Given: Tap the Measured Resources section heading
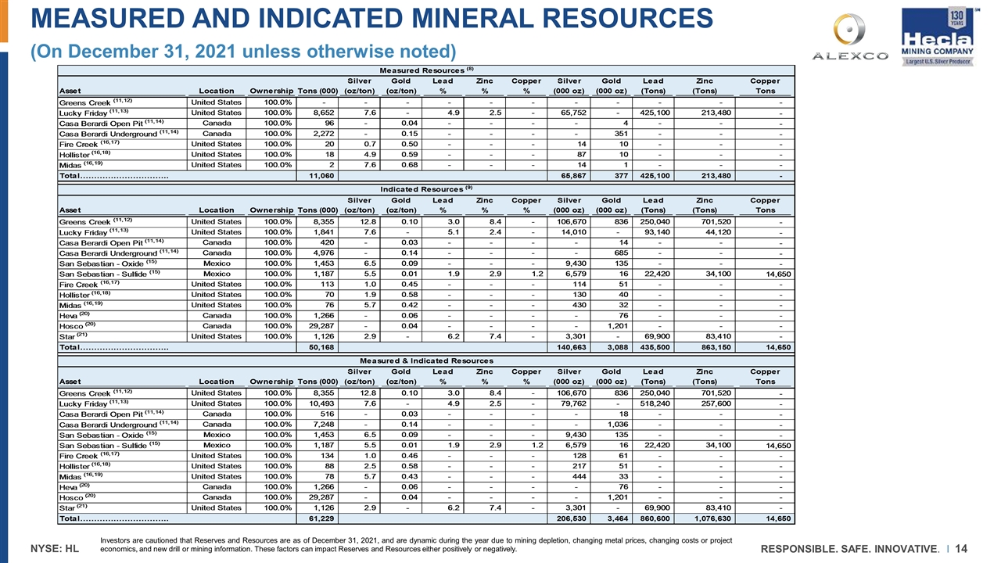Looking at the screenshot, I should pos(426,70).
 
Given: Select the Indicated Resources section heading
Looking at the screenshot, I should pos(426,189).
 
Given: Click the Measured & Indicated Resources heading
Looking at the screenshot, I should pos(426,360).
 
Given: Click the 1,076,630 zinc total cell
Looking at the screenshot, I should pos(709,518).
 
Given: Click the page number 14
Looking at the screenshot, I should pos(961,545).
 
